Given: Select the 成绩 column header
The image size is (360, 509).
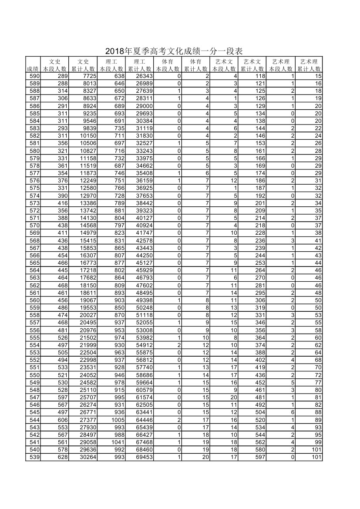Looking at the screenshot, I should click(x=33, y=69).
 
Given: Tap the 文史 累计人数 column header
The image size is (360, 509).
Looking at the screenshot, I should click(x=83, y=65).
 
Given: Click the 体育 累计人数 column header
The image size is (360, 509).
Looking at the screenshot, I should click(x=196, y=65).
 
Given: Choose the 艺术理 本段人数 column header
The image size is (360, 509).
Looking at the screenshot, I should click(x=281, y=65).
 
